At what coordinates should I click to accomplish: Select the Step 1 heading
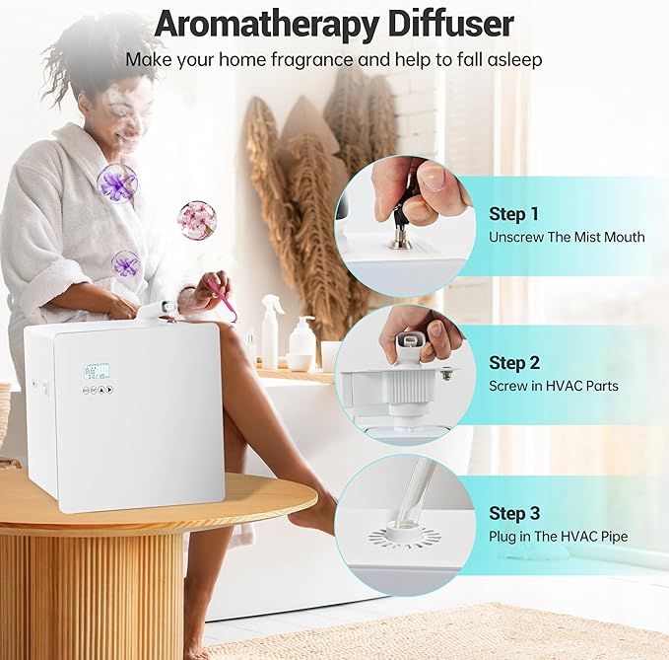pos(514,214)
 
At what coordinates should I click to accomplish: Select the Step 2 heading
pos(514,363)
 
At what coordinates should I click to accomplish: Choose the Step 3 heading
pos(514,513)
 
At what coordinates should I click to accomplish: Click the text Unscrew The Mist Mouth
pos(567,237)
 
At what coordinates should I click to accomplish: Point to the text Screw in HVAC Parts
pos(554,386)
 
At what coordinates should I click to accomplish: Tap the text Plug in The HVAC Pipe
pos(558,537)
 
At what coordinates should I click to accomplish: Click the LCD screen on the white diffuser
pos(97,371)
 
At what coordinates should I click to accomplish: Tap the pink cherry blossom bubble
pos(197,220)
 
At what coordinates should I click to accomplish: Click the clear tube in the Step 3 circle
pos(413,493)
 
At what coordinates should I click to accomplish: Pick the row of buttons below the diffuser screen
pos(97,390)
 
